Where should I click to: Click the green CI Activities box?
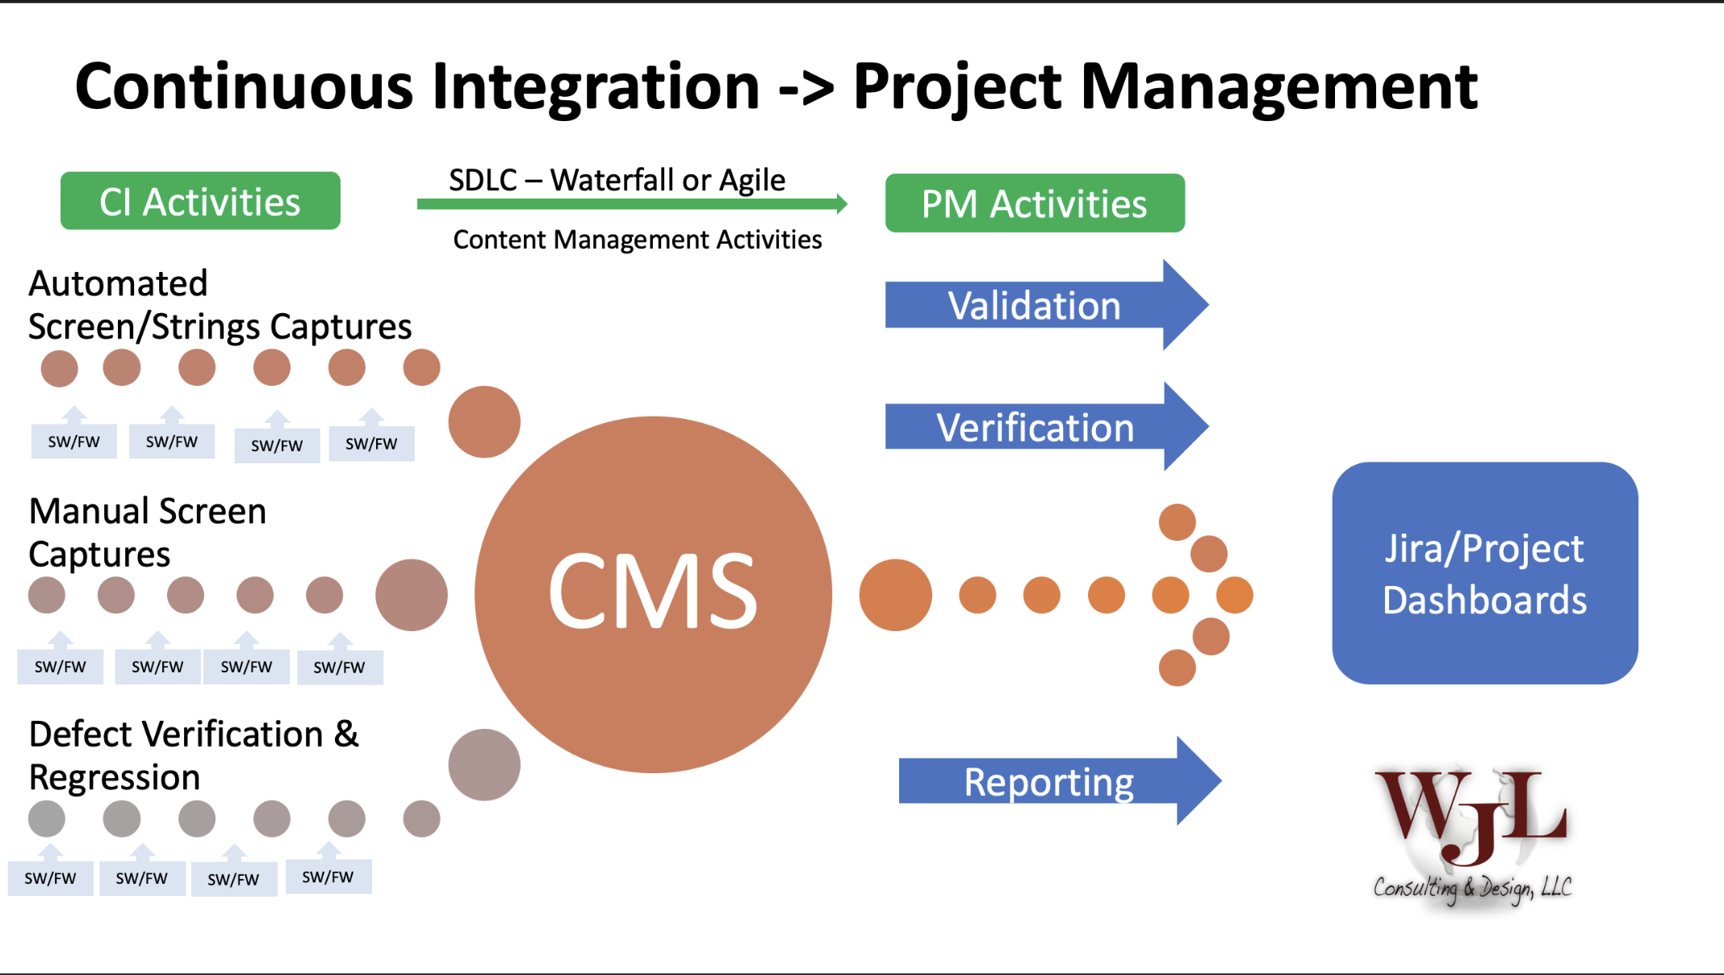coord(200,201)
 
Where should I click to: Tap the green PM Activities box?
coord(1035,203)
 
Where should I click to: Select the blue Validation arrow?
coord(1047,305)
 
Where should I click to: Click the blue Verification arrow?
coord(1047,426)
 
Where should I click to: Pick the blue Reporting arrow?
coord(1060,781)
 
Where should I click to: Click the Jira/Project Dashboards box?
coord(1485,573)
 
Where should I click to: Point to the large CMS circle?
coord(654,595)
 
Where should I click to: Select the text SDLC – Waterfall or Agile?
coord(617,180)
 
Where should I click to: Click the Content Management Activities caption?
coord(638,240)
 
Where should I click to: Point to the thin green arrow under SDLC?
coord(633,204)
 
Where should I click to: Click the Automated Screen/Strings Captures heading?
coord(220,305)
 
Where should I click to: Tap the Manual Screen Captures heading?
coord(148,533)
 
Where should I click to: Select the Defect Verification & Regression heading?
coord(194,755)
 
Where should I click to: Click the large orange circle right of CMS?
coord(896,595)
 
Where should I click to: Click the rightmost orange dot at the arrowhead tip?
coord(1235,595)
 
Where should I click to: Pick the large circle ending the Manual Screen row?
coord(412,595)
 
